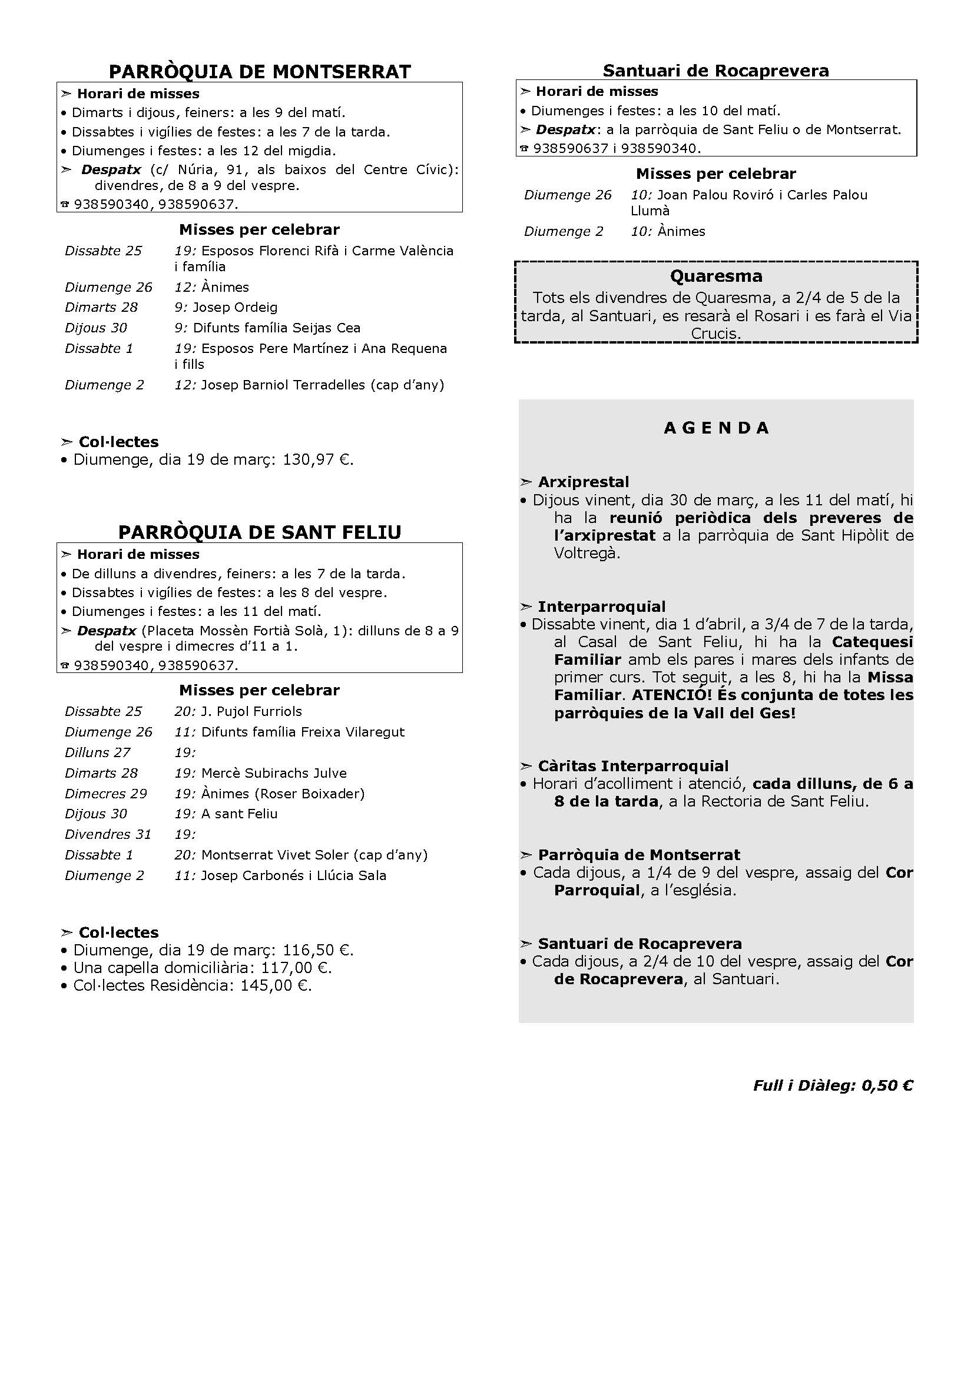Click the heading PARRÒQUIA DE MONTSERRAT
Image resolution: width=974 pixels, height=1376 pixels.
click(x=260, y=72)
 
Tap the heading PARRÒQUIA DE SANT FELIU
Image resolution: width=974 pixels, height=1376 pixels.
click(x=260, y=532)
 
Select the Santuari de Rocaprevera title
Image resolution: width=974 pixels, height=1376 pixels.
click(x=715, y=71)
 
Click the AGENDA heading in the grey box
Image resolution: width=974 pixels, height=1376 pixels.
click(x=716, y=428)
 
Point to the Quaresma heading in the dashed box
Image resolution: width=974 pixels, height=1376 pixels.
click(x=716, y=276)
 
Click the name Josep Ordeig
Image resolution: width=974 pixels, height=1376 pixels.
click(x=235, y=308)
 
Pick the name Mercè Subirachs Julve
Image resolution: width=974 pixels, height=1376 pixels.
click(x=274, y=773)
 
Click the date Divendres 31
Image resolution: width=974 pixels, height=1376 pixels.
click(x=108, y=834)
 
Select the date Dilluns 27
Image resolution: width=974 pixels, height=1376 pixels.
click(x=97, y=752)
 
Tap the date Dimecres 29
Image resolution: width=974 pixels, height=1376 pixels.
click(x=105, y=794)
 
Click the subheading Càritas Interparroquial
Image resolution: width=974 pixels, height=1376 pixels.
click(x=632, y=766)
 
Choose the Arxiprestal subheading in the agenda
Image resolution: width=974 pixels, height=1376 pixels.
click(x=583, y=482)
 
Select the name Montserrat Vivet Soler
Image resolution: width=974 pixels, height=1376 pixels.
click(x=277, y=855)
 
